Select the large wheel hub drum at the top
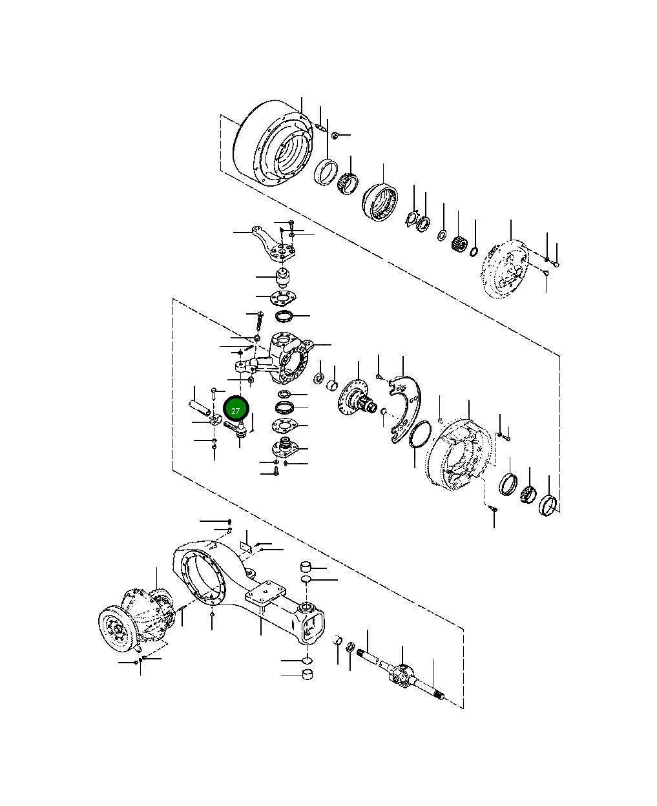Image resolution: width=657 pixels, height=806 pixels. [273, 143]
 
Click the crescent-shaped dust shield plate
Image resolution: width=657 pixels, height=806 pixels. [405, 409]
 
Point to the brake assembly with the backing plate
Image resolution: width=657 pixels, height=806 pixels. [459, 455]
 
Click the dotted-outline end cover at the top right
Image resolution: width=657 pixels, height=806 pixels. [505, 269]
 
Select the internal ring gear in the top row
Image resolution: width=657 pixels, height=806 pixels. [380, 202]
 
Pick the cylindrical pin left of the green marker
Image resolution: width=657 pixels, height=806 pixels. [198, 408]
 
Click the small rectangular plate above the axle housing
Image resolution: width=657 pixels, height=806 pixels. [246, 546]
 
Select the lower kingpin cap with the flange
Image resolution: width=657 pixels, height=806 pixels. [286, 446]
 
